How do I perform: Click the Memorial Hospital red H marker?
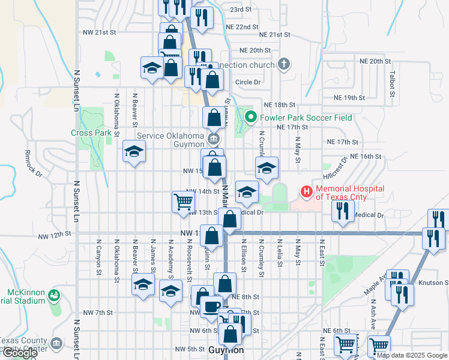[x=307, y=193]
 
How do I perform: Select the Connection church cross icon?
[x=285, y=64]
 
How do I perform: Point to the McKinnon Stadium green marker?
[x=55, y=296]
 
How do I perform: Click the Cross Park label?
[x=91, y=133]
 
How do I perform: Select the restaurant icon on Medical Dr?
[x=342, y=211]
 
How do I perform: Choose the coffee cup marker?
[x=210, y=306]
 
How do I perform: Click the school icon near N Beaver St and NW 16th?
[x=134, y=151]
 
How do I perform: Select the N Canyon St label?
[x=98, y=256]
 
